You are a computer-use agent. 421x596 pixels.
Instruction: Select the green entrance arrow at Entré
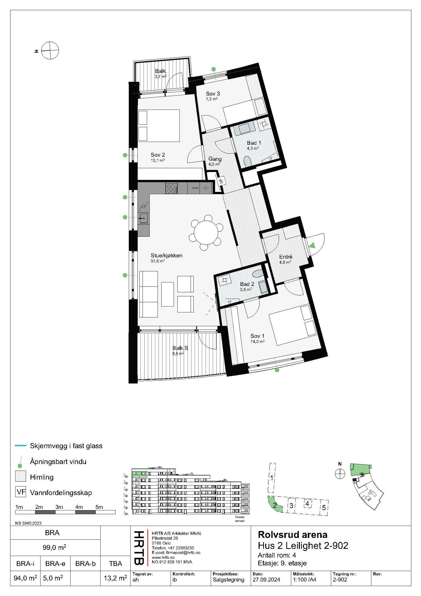312,245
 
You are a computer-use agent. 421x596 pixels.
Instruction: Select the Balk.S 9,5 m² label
180,350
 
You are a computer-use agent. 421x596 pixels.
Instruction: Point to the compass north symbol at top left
50,51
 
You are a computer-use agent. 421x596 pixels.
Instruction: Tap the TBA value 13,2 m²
115,578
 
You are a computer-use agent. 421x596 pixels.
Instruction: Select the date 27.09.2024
266,580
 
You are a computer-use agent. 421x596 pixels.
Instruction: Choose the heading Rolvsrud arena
293,534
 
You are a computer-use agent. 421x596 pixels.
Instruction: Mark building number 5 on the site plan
324,508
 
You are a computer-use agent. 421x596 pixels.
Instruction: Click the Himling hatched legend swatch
21,476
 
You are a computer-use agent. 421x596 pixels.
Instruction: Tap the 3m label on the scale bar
59,507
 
